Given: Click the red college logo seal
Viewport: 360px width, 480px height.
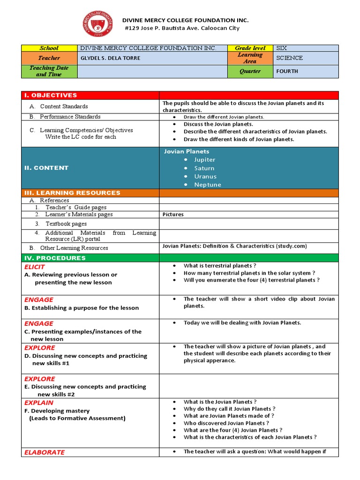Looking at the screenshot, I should click(x=98, y=24).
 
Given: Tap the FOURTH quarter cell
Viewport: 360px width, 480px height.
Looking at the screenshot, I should click(x=287, y=71).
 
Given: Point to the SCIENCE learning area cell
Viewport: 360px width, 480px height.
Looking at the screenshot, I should click(x=289, y=58).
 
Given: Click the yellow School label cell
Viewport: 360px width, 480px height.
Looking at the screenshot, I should click(x=49, y=48).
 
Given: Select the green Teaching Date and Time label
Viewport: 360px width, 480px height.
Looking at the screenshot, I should click(x=49, y=71).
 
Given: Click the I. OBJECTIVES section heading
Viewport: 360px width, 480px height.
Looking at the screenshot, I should click(x=51, y=95).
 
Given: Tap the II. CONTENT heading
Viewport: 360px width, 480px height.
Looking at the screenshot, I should click(x=46, y=168).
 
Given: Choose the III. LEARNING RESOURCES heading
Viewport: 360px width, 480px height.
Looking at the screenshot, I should click(x=72, y=193).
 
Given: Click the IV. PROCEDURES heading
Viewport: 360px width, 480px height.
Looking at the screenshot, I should click(x=55, y=258).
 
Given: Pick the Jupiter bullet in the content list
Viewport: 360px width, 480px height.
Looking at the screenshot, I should click(x=204, y=160).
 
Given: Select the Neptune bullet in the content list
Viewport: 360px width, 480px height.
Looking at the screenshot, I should click(x=207, y=185).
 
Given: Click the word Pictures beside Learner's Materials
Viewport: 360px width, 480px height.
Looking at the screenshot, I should click(x=173, y=215).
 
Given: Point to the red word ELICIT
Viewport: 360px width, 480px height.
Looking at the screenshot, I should click(x=35, y=267).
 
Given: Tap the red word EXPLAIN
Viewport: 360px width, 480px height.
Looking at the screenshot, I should click(x=39, y=403).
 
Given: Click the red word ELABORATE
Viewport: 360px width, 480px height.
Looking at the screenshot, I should click(x=45, y=452).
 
